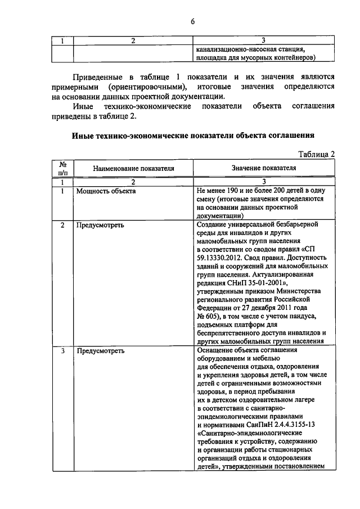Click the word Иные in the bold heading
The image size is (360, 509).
coord(83,135)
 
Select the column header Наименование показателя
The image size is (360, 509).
coord(133,168)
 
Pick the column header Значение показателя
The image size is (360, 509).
coord(263,168)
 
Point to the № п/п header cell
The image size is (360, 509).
coord(62,168)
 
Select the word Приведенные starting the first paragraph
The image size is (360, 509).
coord(99,76)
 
